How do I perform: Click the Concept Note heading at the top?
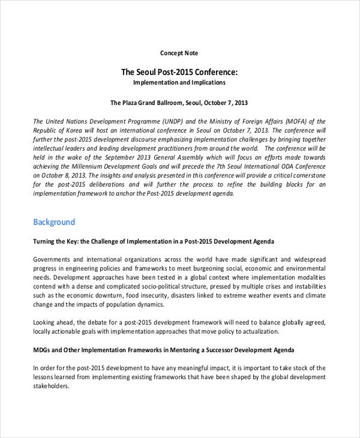pyautogui.click(x=179, y=53)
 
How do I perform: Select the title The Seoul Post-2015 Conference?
pyautogui.click(x=179, y=72)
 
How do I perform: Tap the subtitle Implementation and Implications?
pyautogui.click(x=179, y=82)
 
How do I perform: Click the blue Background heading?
pyautogui.click(x=54, y=222)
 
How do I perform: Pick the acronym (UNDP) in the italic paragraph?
pyautogui.click(x=148, y=121)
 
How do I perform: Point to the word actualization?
pyautogui.click(x=259, y=331)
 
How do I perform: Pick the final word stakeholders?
pyautogui.click(x=51, y=386)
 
